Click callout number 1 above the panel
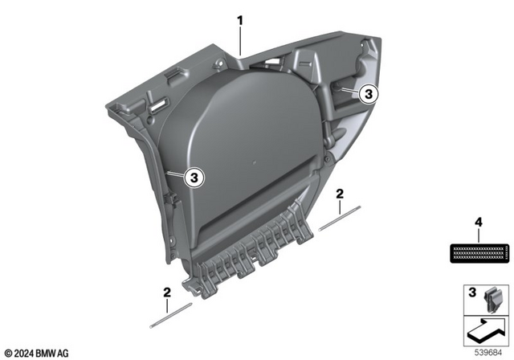tap(239, 18)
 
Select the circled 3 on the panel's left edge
tap(193, 177)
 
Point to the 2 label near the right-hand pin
tap(340, 194)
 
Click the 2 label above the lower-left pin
tap(166, 292)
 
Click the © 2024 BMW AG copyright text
tap(36, 351)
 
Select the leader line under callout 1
tap(239, 39)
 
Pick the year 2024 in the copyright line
tap(24, 351)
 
